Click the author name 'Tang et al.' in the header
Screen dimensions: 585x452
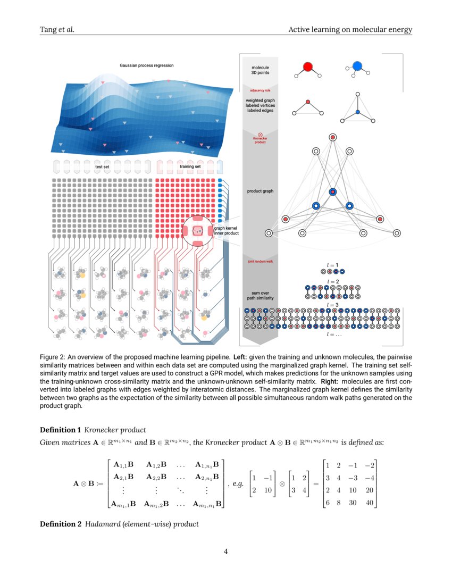57,29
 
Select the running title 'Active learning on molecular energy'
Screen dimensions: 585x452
350,29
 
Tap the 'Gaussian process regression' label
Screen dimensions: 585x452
147,65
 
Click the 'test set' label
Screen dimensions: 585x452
103,166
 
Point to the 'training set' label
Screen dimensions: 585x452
190,166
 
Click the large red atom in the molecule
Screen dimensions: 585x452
307,67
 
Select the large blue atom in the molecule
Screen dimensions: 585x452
357,66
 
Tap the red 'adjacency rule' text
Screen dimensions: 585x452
260,90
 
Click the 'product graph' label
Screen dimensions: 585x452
260,191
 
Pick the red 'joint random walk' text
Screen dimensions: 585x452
260,262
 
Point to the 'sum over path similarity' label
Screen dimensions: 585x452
260,296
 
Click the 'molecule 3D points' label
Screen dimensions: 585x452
260,70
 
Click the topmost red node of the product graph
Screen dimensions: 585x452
332,138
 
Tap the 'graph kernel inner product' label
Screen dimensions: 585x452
226,231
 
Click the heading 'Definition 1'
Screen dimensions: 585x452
61,429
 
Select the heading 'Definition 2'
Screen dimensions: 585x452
61,524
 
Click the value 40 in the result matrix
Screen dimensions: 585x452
369,502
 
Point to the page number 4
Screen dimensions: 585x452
225,551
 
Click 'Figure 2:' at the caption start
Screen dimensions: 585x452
53,356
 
